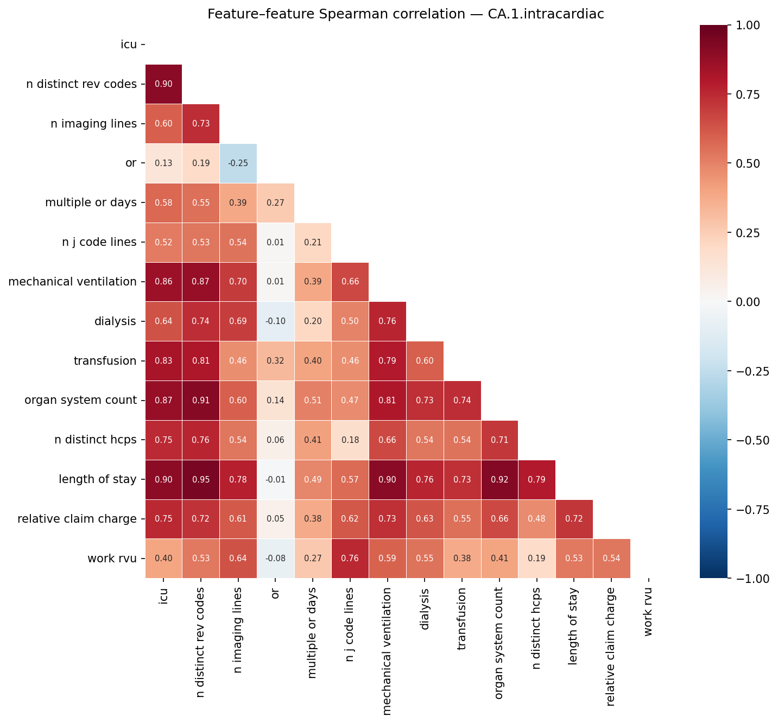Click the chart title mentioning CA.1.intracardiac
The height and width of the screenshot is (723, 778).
406,14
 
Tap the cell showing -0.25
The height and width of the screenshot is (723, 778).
238,163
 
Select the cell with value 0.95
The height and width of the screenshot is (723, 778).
201,480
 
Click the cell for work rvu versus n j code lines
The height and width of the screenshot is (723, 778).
350,559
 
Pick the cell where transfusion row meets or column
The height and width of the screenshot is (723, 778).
275,361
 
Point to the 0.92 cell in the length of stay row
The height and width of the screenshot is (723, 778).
499,480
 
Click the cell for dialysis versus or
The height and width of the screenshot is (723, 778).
275,321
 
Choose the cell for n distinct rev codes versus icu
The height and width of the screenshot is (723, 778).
163,84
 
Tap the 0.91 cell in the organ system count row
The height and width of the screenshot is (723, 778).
201,401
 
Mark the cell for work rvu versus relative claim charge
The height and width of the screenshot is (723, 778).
611,559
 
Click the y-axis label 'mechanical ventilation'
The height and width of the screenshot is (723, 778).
72,282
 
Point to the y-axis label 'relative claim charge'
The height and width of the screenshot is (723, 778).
77,519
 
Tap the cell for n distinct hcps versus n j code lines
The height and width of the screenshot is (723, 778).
350,440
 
